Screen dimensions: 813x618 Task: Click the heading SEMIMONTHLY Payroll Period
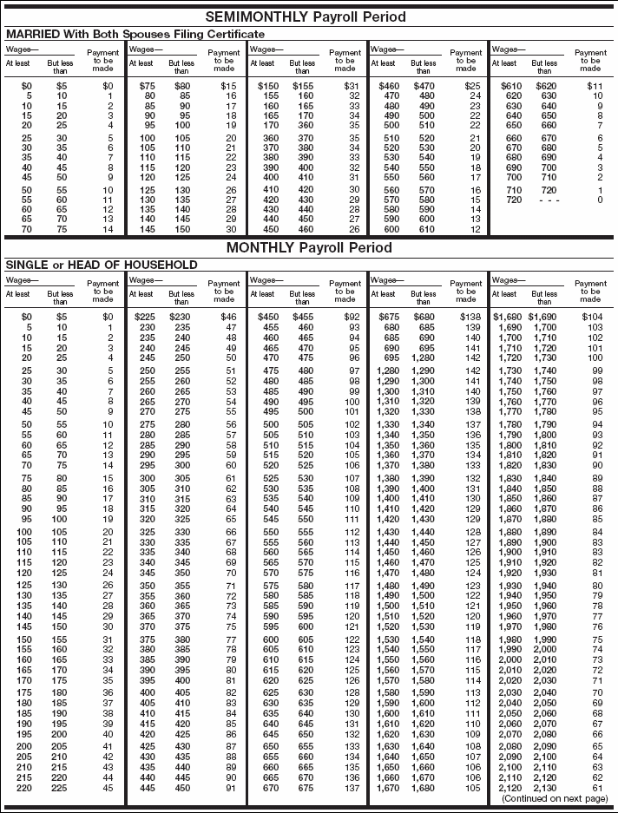pyautogui.click(x=308, y=16)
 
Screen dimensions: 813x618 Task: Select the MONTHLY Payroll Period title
pyautogui.click(x=308, y=248)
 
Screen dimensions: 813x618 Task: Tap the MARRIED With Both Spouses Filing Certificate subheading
pyautogui.click(x=135, y=33)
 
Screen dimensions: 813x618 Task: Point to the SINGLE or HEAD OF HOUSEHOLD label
pyautogui.click(x=102, y=265)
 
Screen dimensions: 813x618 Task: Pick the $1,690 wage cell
pyautogui.click(x=544, y=318)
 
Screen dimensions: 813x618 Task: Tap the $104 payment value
pyautogui.click(x=594, y=318)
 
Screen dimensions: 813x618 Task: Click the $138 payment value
pyautogui.click(x=472, y=318)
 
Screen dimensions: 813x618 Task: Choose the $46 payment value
pyautogui.click(x=230, y=318)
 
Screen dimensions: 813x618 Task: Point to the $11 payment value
pyautogui.click(x=595, y=87)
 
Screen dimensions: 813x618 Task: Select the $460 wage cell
pyautogui.click(x=383, y=87)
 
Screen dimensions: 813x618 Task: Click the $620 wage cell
pyautogui.click(x=544, y=87)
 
